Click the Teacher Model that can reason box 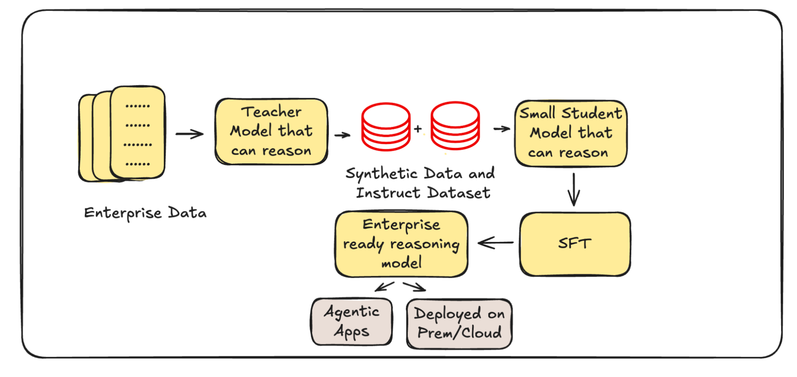pyautogui.click(x=271, y=132)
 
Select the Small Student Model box pyautogui.click(x=571, y=133)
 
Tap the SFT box pyautogui.click(x=575, y=243)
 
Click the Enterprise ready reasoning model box pyautogui.click(x=401, y=244)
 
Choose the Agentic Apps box pyautogui.click(x=352, y=322)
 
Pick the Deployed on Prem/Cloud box pyautogui.click(x=459, y=324)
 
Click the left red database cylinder pyautogui.click(x=386, y=127)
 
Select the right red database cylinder pyautogui.click(x=455, y=126)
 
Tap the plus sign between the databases pyautogui.click(x=418, y=129)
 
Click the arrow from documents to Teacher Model pyautogui.click(x=190, y=134)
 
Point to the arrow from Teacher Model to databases pyautogui.click(x=342, y=135)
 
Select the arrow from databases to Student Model pyautogui.click(x=502, y=129)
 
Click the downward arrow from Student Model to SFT pyautogui.click(x=574, y=189)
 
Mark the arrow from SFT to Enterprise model pyautogui.click(x=496, y=242)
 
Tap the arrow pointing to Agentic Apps pyautogui.click(x=384, y=286)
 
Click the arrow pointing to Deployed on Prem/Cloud pyautogui.click(x=415, y=287)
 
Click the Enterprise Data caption pyautogui.click(x=145, y=213)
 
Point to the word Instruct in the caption pyautogui.click(x=388, y=193)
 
